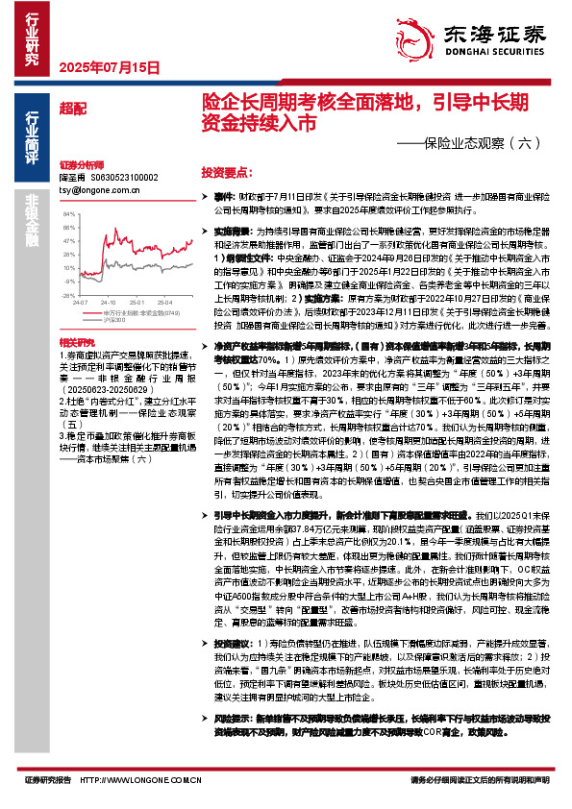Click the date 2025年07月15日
(108, 67)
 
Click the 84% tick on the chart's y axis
(69, 208)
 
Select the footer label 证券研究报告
(44, 779)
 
